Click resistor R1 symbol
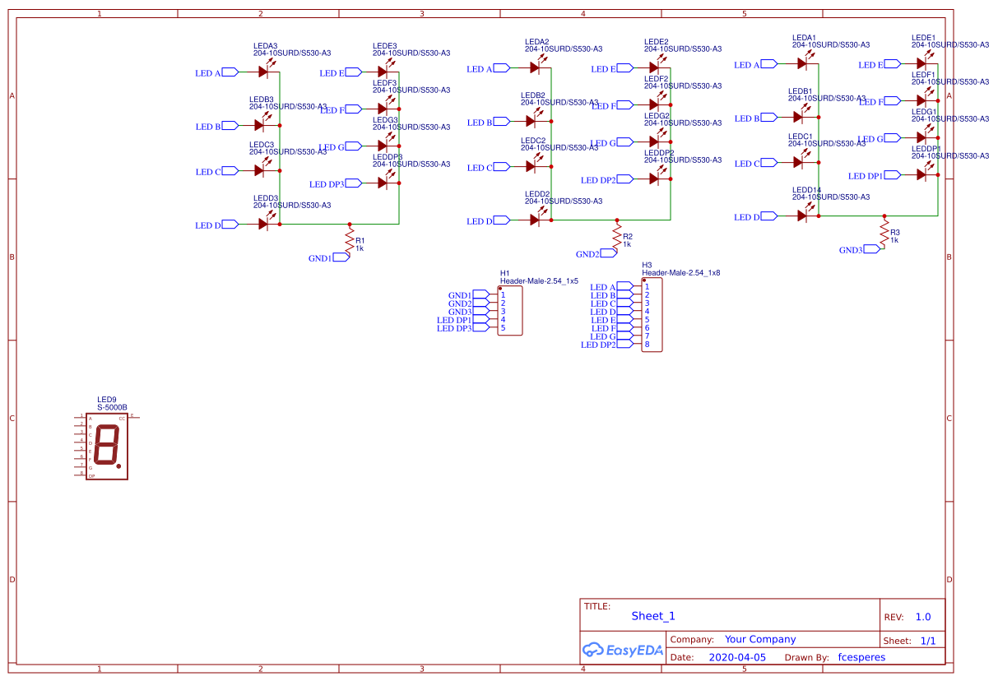point(350,241)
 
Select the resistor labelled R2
point(617,237)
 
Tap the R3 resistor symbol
point(884,233)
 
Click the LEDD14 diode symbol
point(802,215)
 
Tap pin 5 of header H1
point(503,328)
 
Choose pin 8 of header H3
point(647,345)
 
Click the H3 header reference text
point(647,265)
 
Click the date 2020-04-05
point(737,657)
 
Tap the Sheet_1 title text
point(653,616)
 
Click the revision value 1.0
point(922,617)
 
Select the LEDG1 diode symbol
point(921,137)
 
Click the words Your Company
point(760,639)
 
